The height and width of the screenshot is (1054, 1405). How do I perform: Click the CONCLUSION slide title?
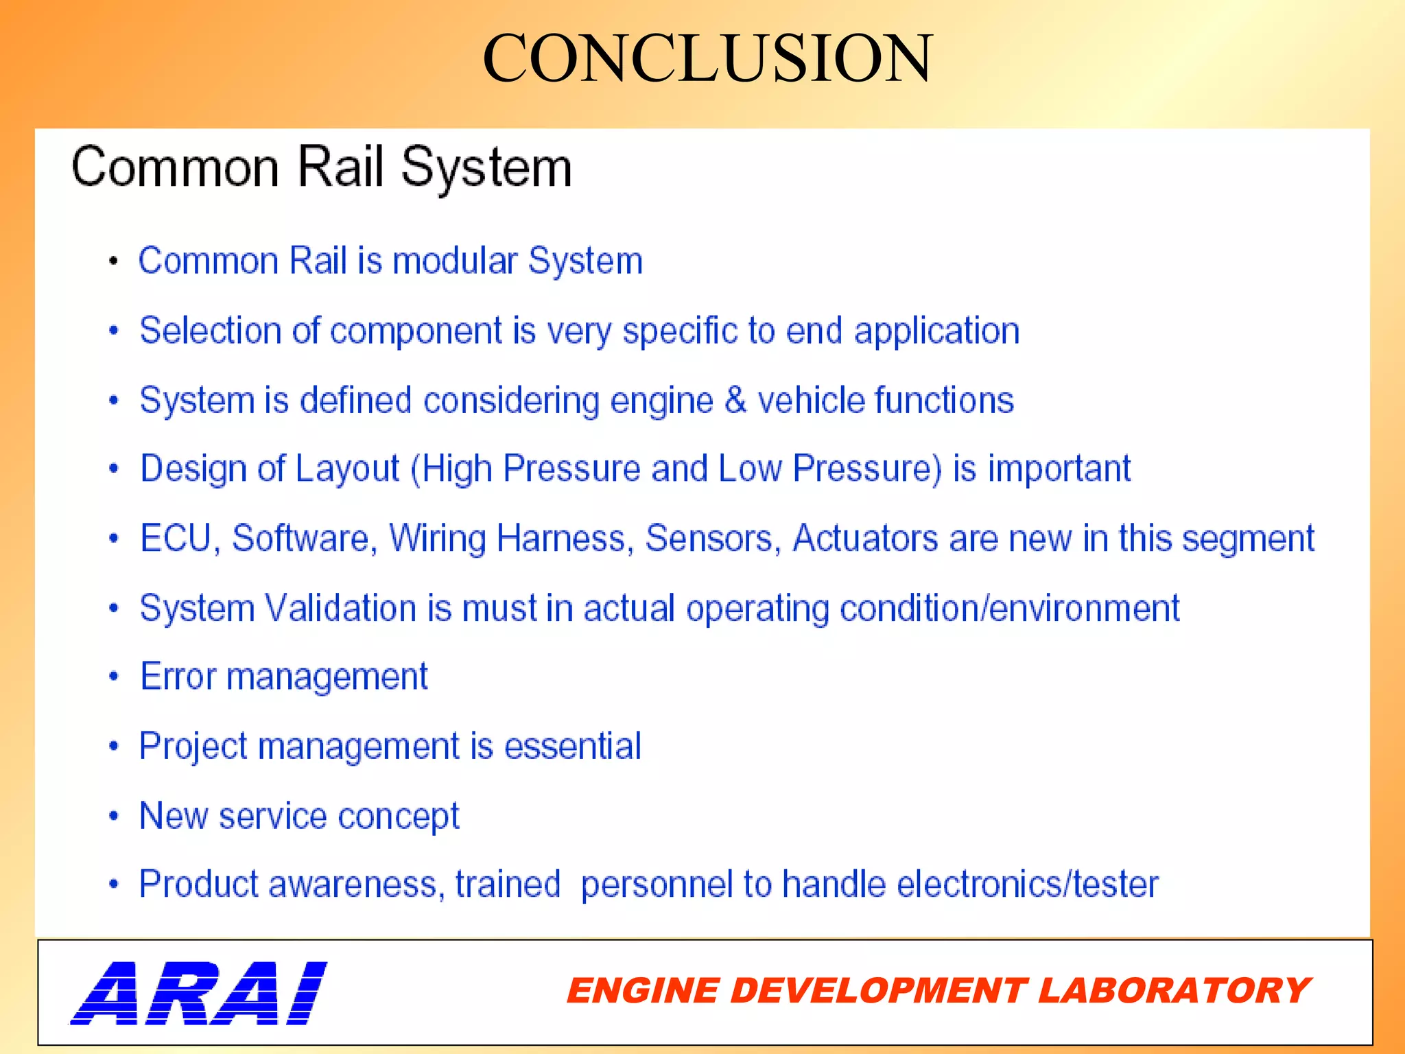click(707, 59)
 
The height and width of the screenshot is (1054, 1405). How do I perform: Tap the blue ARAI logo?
click(199, 993)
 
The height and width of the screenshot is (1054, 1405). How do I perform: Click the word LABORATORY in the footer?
click(1174, 991)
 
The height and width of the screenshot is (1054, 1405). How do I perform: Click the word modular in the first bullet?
click(455, 261)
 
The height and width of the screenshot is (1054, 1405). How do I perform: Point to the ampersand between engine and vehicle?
click(735, 399)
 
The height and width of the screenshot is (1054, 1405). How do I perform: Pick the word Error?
click(178, 677)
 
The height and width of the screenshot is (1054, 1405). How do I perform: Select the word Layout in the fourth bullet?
click(347, 469)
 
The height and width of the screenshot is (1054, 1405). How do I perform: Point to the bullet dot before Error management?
click(114, 677)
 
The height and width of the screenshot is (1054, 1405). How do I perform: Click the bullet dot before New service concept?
click(114, 816)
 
